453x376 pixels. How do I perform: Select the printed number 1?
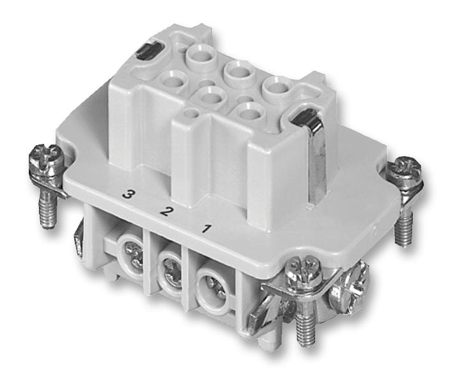207,226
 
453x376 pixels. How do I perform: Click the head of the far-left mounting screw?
47,157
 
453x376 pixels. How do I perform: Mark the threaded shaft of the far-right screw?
403,226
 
